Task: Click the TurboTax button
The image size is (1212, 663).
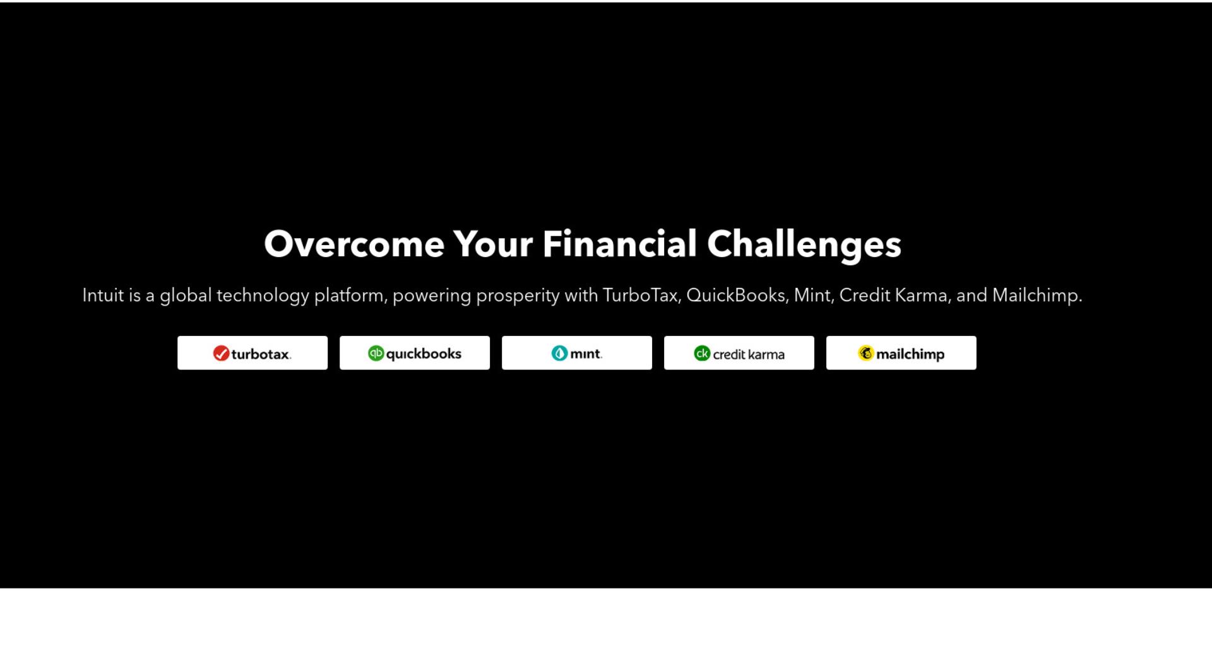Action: coord(252,353)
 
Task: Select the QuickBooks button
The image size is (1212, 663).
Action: coord(415,353)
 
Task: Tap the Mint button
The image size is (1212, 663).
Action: coord(577,353)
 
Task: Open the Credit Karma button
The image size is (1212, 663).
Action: coord(739,353)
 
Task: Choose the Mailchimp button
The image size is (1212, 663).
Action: coord(901,353)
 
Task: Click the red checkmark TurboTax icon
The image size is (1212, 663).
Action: coord(221,354)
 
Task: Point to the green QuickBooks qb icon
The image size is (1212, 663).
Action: coord(376,354)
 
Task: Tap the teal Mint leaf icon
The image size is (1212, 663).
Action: coord(559,354)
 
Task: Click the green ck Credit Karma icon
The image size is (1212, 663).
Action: coord(702,354)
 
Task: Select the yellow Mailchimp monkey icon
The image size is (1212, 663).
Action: coord(865,354)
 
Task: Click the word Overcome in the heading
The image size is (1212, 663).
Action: coord(354,244)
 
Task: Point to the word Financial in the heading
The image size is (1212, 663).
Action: coord(619,244)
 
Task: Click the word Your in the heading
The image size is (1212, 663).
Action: coord(493,244)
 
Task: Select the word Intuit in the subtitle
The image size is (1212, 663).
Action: coord(103,296)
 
